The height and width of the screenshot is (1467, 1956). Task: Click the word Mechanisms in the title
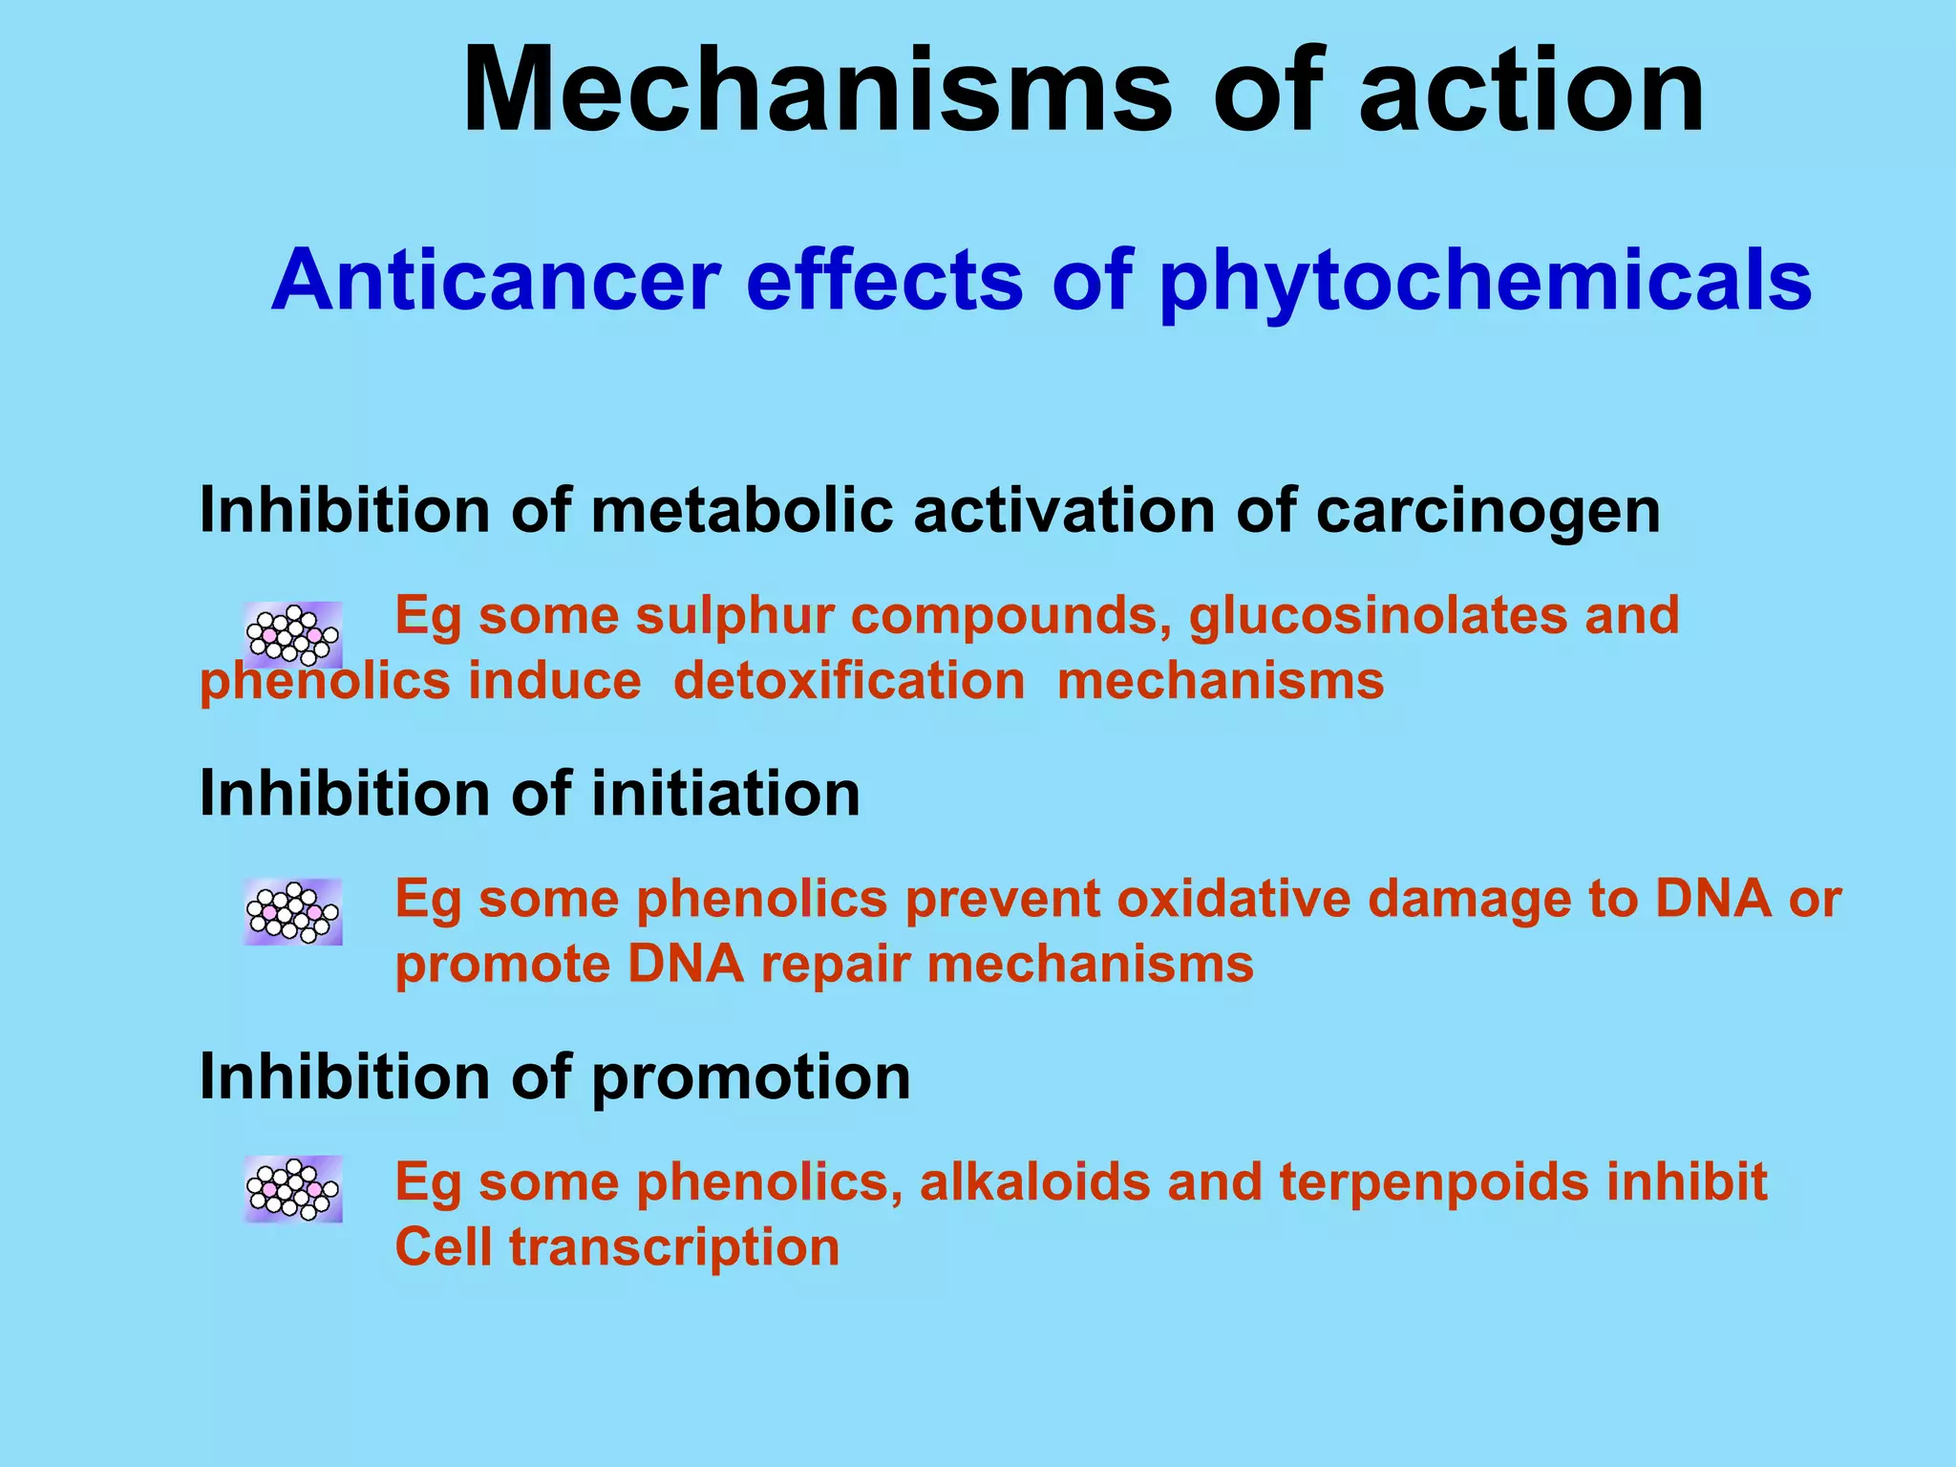click(x=817, y=91)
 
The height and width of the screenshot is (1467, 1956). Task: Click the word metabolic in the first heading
click(x=741, y=510)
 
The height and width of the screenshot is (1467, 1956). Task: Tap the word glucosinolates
click(x=1378, y=615)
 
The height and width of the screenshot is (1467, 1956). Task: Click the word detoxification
click(x=849, y=682)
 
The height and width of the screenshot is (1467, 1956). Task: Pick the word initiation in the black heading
click(x=726, y=794)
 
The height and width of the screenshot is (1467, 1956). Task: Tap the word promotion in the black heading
click(x=751, y=1077)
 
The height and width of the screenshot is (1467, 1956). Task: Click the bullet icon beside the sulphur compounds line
click(x=292, y=635)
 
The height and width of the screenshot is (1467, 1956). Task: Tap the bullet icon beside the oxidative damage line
click(x=292, y=912)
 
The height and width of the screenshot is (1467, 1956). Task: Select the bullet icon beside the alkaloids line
click(x=292, y=1189)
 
